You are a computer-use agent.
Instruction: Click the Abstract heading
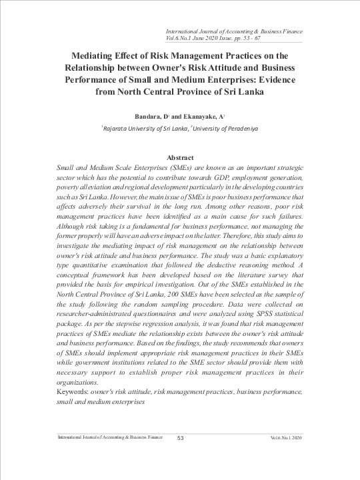179,157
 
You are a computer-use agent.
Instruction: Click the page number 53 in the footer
180,437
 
